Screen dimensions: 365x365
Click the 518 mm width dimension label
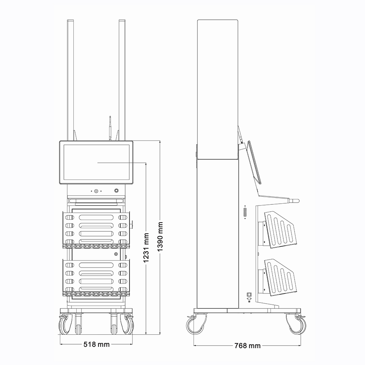pos(96,344)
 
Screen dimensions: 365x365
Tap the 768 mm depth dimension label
pos(247,346)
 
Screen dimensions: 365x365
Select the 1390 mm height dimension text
pos(160,237)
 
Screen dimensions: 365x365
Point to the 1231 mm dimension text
pos(146,248)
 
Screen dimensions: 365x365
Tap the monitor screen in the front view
pos(96,162)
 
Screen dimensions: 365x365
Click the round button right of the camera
pos(116,191)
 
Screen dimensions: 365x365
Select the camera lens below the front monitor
pos(96,191)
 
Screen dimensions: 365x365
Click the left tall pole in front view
pos(70,80)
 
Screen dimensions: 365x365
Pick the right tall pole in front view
pos(122,80)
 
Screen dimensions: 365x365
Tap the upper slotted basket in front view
pos(96,230)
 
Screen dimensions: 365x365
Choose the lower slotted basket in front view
pos(96,278)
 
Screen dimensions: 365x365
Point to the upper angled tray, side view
pos(280,230)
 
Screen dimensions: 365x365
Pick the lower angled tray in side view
pos(280,277)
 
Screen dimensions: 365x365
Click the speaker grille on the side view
pos(245,212)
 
